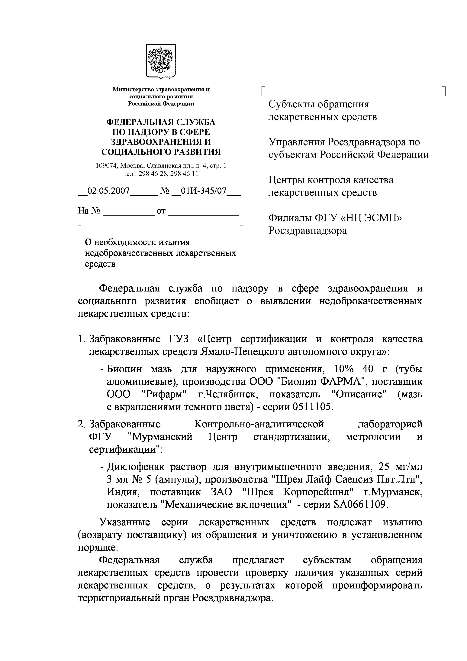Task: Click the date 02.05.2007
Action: [108, 191]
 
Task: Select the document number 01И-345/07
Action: [203, 191]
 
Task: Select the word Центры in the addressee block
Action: [285, 180]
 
